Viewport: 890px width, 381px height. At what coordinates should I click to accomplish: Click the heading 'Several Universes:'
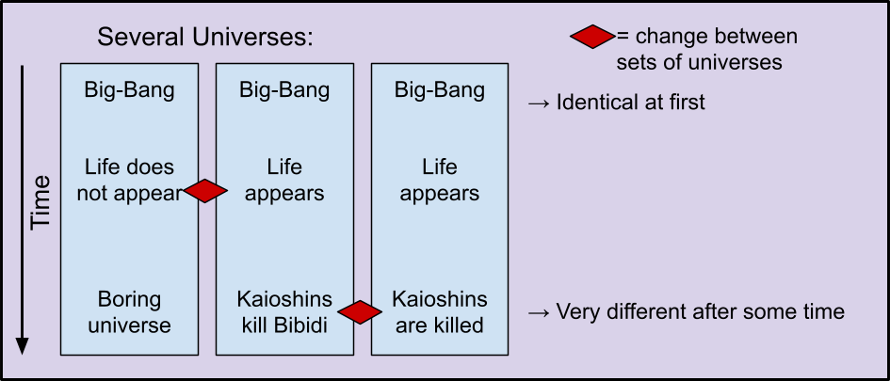coord(205,38)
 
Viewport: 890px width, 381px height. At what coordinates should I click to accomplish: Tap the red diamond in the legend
coord(592,37)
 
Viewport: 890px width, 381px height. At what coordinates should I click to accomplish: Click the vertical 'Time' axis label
coord(40,203)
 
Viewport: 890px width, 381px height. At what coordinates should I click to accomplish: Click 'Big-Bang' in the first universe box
coord(129,90)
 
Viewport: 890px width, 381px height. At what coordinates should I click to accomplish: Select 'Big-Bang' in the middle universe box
coord(284,90)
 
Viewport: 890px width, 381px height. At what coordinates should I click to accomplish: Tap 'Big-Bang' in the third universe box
coord(440,90)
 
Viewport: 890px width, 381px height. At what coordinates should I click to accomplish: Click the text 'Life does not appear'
coord(129,181)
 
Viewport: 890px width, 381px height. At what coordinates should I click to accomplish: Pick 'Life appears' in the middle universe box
coord(284,181)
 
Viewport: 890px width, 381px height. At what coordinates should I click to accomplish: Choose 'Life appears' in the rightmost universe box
coord(440,181)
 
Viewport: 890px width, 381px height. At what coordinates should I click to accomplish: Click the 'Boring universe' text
coord(129,311)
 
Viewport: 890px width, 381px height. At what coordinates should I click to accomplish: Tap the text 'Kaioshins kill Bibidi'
coord(284,311)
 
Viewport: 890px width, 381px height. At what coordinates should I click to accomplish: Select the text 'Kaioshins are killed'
coord(440,311)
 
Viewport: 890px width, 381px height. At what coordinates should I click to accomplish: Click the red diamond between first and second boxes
coord(205,190)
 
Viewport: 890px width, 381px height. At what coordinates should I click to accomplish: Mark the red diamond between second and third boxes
coord(360,312)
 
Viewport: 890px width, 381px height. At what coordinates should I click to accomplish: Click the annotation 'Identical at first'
coord(617,103)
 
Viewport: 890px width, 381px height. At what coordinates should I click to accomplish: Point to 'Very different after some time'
coord(687,311)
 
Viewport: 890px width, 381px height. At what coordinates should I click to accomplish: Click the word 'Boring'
coord(129,300)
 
